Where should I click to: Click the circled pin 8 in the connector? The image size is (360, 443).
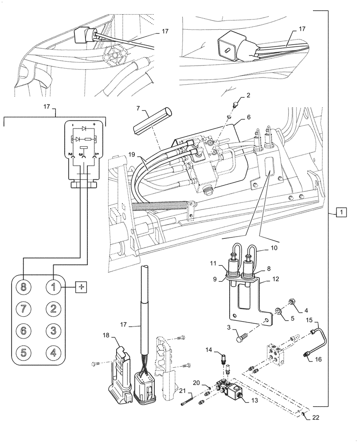[x=23, y=287]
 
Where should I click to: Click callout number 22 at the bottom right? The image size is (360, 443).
[x=316, y=417]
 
